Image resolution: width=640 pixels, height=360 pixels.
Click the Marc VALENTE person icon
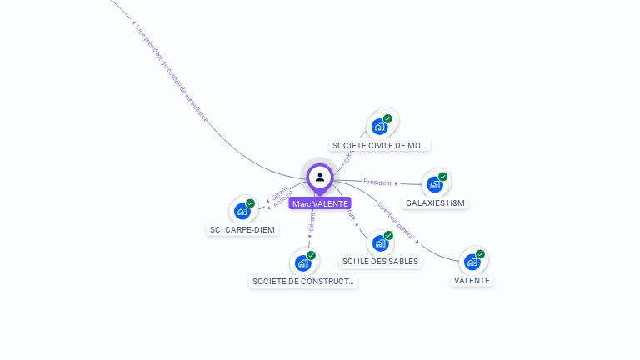tap(320, 177)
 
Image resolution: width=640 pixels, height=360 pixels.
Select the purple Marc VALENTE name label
tap(320, 203)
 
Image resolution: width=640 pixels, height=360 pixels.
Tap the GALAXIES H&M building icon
tap(434, 184)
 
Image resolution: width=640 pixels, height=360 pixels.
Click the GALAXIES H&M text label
tap(435, 202)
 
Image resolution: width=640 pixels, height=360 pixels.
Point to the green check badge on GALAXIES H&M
tap(442, 177)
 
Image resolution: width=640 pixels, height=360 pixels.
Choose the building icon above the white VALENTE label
tap(472, 262)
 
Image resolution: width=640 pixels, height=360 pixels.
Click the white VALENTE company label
tap(472, 280)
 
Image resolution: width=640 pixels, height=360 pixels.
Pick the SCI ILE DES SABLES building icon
tap(380, 243)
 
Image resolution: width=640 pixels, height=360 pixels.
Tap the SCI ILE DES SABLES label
tap(380, 261)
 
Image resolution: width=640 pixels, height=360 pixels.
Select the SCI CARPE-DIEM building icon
tap(242, 211)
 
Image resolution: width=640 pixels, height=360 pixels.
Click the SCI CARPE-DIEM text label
tap(242, 229)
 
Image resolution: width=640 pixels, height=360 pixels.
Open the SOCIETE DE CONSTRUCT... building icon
tap(302, 263)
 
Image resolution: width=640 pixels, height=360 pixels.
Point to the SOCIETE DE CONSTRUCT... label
tap(303, 282)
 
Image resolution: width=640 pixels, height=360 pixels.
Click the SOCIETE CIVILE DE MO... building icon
tap(379, 127)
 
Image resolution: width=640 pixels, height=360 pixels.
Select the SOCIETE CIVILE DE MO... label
tap(379, 145)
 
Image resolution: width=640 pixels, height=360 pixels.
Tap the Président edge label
tap(377, 182)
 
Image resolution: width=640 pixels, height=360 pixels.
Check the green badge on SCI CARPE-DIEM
tap(250, 203)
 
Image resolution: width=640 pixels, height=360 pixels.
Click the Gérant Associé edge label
tap(282, 197)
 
